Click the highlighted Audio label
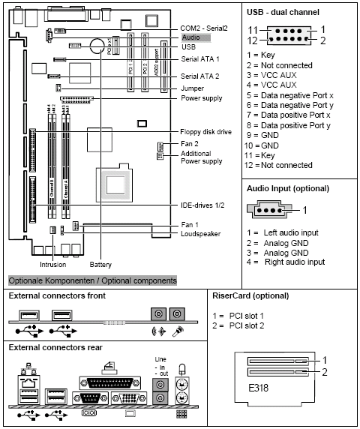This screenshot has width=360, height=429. click(x=190, y=36)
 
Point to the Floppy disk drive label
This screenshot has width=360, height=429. click(x=205, y=131)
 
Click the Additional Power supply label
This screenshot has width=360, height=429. click(x=201, y=157)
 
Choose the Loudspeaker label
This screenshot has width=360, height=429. click(x=200, y=233)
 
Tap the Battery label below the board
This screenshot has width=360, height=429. click(x=100, y=264)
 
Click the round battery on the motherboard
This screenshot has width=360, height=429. click(x=97, y=46)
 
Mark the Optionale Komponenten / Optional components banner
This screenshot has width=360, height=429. click(x=91, y=280)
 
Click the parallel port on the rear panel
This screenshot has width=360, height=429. click(x=109, y=376)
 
